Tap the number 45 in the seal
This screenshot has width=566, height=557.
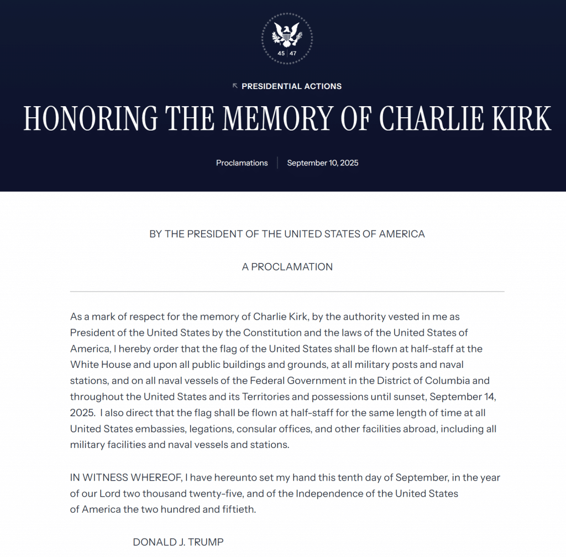(x=281, y=54)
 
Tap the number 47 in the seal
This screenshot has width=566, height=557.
(x=293, y=54)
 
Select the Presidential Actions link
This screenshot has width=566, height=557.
(x=291, y=86)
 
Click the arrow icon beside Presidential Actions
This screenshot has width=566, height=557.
(x=235, y=86)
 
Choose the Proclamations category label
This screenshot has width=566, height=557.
(x=242, y=163)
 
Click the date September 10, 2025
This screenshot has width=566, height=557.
(x=323, y=163)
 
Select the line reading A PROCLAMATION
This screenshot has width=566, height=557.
(x=287, y=267)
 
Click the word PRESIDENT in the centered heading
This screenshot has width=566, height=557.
(x=213, y=234)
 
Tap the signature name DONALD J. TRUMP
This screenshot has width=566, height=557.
(x=178, y=542)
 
